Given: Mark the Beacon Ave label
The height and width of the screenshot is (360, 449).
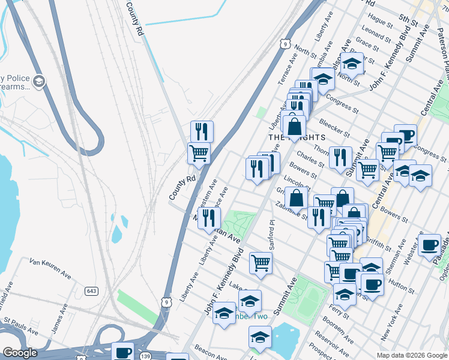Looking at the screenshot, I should pyautogui.click(x=210, y=354).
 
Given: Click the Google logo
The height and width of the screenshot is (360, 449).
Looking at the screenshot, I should pyautogui.click(x=20, y=353).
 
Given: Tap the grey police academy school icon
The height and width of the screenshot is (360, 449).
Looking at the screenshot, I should pyautogui.click(x=38, y=82).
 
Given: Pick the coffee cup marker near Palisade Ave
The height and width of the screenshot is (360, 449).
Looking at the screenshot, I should pyautogui.click(x=430, y=244).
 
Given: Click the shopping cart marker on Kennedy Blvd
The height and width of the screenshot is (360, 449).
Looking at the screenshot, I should pyautogui.click(x=261, y=262).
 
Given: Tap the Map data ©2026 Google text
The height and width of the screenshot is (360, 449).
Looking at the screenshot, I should pyautogui.click(x=411, y=355).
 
